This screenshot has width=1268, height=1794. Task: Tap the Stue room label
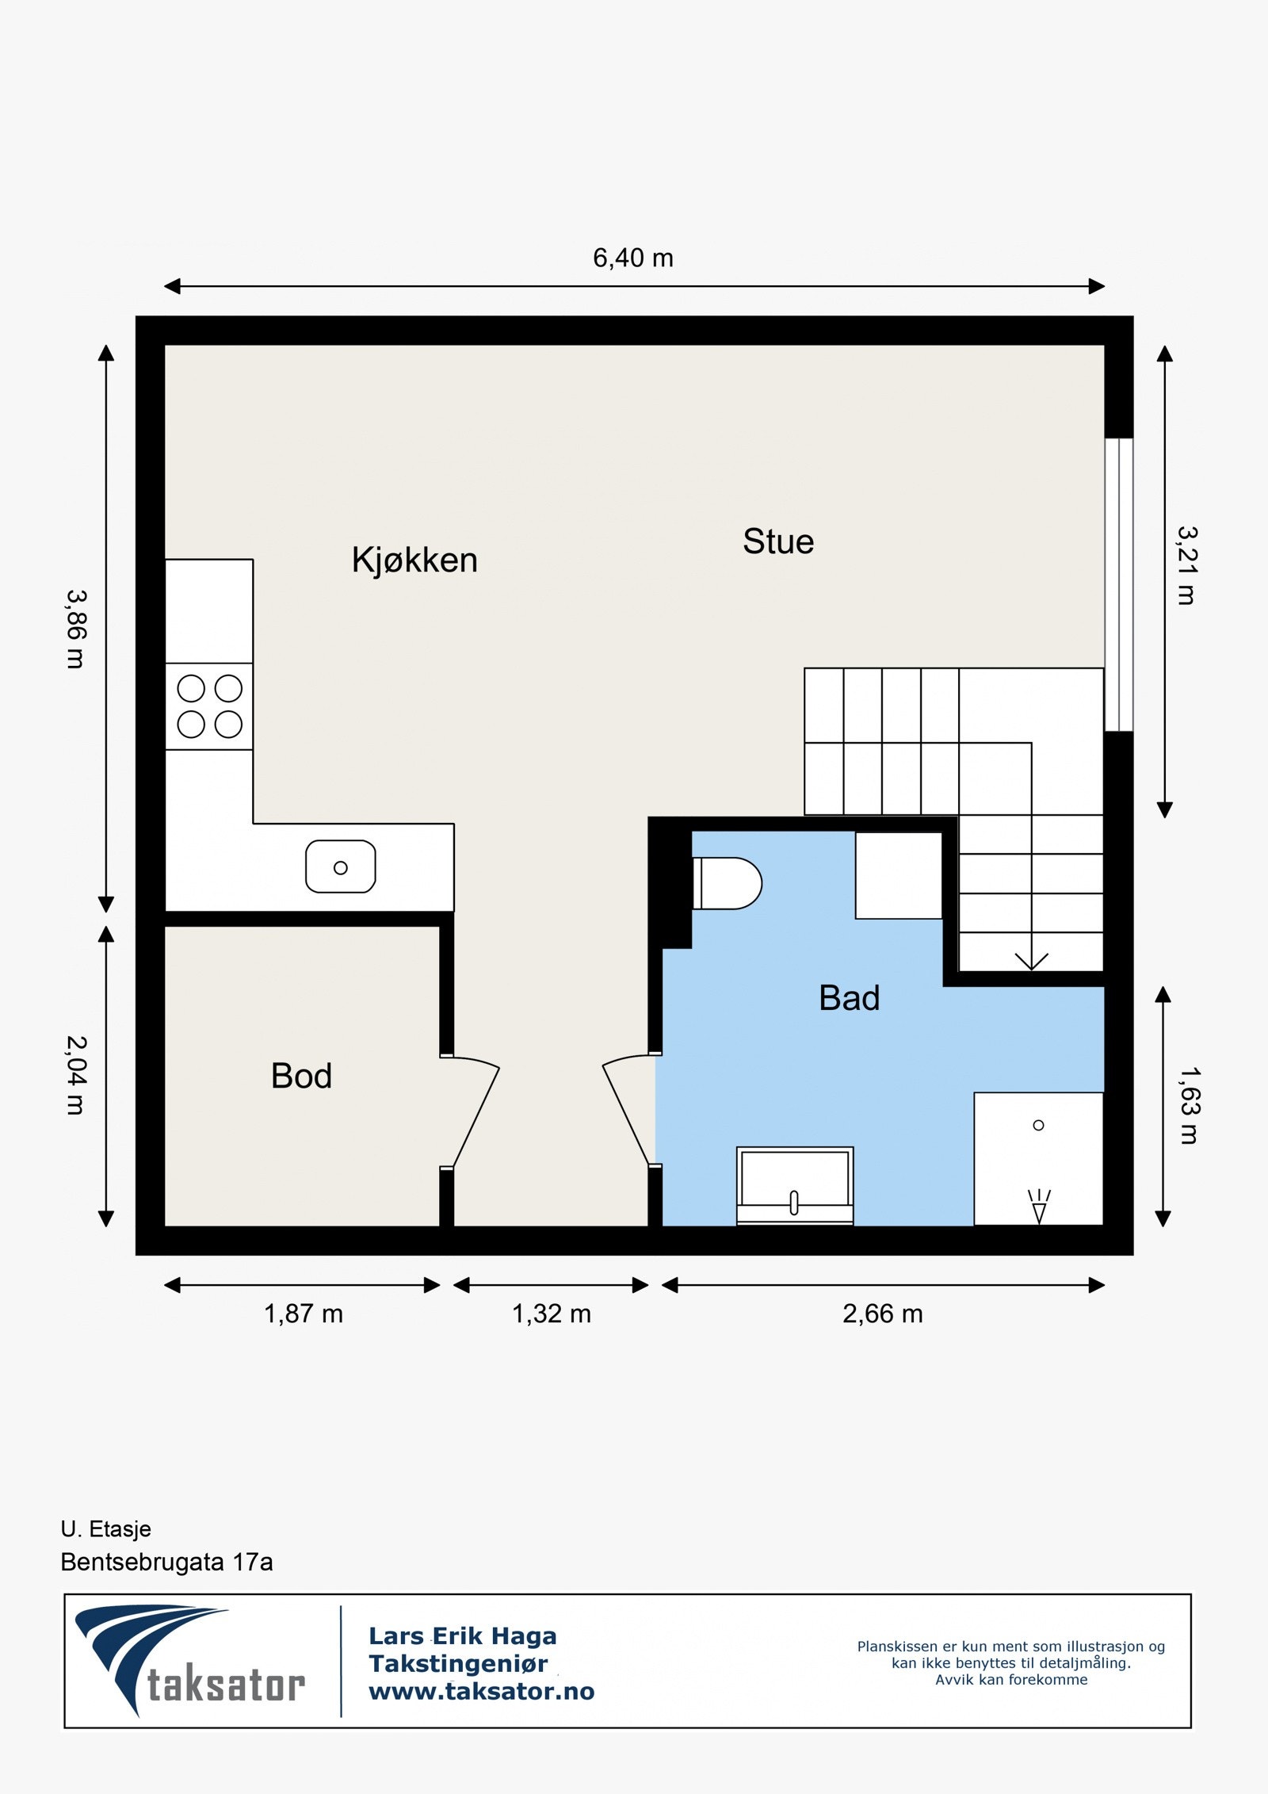click(778, 542)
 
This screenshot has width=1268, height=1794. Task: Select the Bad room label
click(849, 998)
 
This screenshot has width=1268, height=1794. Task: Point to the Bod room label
click(301, 1076)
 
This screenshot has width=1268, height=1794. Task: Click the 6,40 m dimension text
click(633, 258)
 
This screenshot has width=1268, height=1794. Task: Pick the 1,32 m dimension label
click(552, 1314)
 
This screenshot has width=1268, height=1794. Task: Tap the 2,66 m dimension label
click(883, 1314)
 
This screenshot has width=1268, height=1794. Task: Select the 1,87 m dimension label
click(304, 1314)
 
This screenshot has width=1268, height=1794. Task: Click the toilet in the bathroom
click(727, 883)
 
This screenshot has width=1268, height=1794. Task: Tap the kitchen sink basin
click(341, 866)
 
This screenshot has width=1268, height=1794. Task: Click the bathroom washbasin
click(795, 1185)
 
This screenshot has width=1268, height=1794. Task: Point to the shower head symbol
click(1039, 1207)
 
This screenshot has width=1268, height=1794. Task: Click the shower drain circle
click(1038, 1125)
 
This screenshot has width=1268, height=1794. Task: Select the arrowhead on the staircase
click(1031, 961)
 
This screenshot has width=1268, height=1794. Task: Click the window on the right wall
click(1119, 584)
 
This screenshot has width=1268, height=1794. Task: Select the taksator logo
click(190, 1661)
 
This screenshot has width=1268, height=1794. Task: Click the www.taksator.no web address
click(482, 1692)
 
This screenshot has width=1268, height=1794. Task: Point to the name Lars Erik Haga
click(463, 1636)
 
